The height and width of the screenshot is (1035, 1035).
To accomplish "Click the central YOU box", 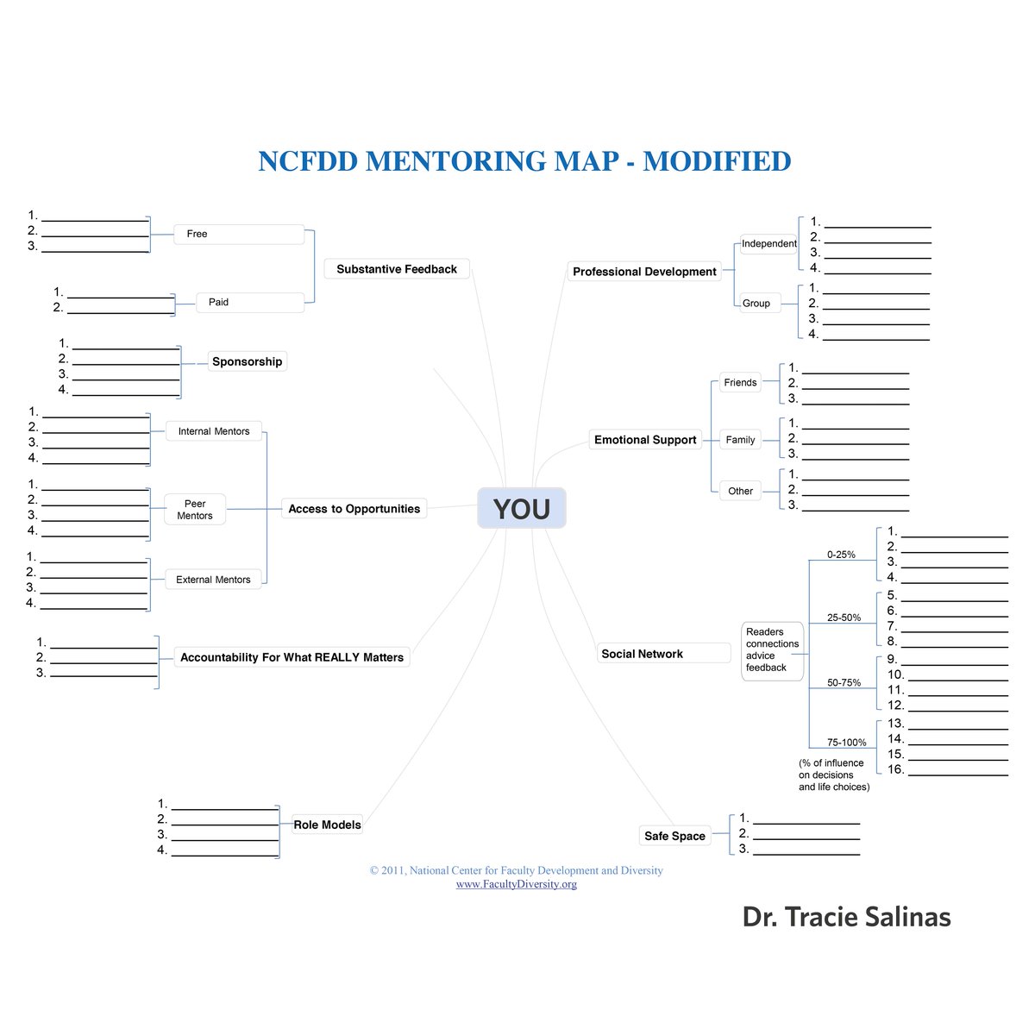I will [x=522, y=508].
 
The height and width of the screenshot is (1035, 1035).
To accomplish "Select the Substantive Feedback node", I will [x=397, y=269].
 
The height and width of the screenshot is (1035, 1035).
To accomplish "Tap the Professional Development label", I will [x=644, y=272].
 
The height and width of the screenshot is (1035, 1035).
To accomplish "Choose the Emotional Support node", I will [x=645, y=440].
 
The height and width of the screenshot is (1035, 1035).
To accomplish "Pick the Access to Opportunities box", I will [x=354, y=509].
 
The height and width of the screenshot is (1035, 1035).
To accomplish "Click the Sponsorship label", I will [x=248, y=361].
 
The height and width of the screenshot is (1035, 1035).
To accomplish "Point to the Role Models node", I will [x=328, y=825].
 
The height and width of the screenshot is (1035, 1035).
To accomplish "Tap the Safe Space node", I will [x=674, y=836].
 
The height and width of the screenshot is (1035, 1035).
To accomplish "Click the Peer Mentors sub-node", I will [x=195, y=510].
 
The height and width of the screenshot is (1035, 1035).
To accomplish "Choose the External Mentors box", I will [x=213, y=580].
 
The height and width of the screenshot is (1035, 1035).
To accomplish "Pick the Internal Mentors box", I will [x=214, y=431].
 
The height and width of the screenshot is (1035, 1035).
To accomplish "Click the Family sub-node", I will [x=740, y=440].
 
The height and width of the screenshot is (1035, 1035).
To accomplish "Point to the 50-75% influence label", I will [x=844, y=682].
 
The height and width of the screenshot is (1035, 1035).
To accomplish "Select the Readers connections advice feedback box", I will [x=772, y=649].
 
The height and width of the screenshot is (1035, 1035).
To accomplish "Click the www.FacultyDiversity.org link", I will [x=516, y=884].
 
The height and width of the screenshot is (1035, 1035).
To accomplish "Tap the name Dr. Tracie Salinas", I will [x=846, y=917].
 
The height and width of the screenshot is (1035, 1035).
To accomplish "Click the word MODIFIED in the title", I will [x=717, y=161].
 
